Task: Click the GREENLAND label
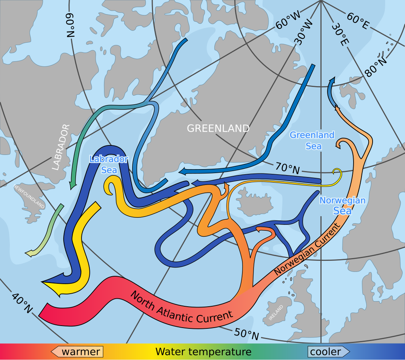coord(218,128)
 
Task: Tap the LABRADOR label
coord(61,147)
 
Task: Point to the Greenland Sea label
coord(312,140)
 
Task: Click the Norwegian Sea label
coord(343,205)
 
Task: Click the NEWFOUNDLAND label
coord(29,196)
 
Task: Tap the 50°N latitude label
coord(246,334)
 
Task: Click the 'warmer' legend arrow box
coord(77,351)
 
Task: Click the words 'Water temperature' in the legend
coord(203,351)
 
